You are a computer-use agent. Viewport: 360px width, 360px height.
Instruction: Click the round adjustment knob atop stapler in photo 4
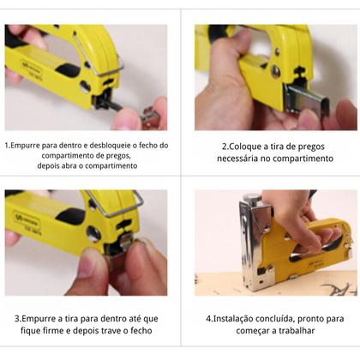click(x=248, y=198)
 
